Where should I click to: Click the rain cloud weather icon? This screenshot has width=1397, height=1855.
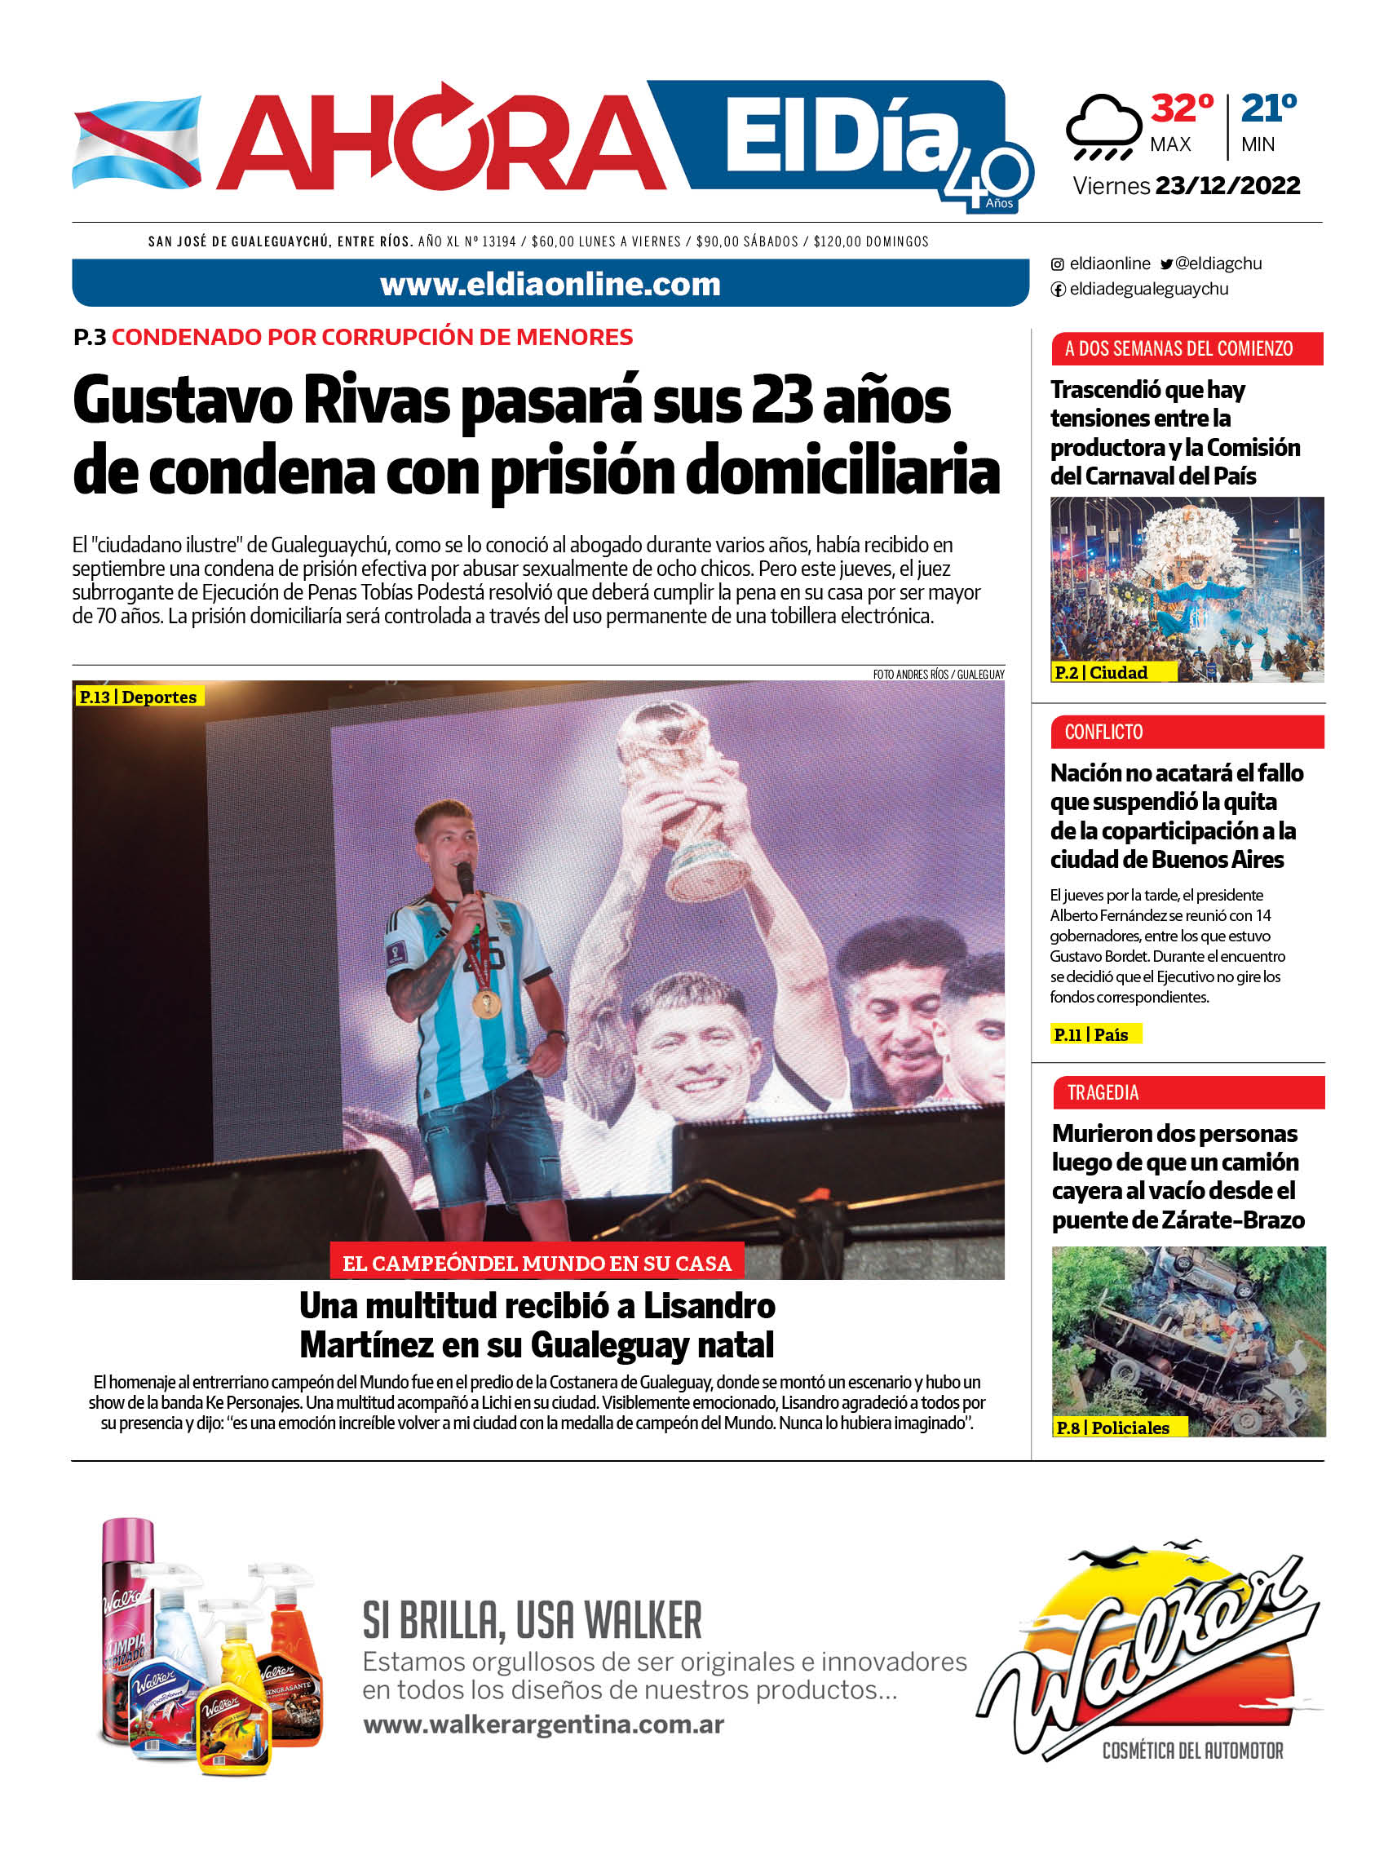click(1103, 126)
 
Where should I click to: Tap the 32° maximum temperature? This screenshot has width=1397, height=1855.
click(1182, 108)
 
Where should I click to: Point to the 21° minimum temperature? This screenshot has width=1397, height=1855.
click(1268, 108)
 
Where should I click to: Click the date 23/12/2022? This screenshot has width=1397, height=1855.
click(1227, 185)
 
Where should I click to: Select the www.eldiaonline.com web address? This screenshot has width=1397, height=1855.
click(550, 285)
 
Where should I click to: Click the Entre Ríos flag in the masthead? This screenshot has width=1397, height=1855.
click(137, 142)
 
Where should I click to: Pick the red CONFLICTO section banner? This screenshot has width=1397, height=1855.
click(1187, 732)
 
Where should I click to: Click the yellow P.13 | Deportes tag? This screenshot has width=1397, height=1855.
click(139, 697)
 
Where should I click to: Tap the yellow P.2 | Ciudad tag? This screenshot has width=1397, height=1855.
click(1112, 672)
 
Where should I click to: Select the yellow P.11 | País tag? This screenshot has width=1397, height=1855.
click(1095, 1035)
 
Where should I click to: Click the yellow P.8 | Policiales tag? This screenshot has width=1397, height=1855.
click(1120, 1428)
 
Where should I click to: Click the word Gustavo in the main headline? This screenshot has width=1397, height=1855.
click(182, 401)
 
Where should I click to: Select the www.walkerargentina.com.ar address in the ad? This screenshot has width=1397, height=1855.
click(543, 1724)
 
